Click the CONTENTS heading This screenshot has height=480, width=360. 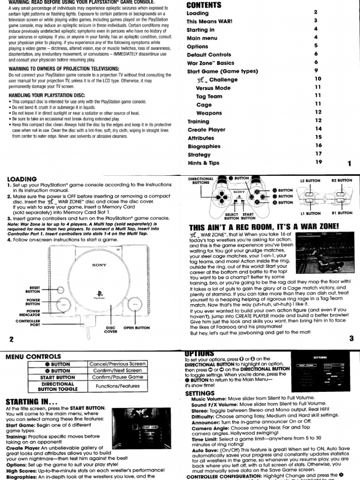pyautogui.click(x=203, y=5)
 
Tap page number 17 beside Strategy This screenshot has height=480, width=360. pyautogui.click(x=318, y=154)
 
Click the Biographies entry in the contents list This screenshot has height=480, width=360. pyautogui.click(x=203, y=146)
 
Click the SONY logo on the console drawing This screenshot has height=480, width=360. pyautogui.click(x=99, y=265)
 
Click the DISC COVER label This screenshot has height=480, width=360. pyautogui.click(x=111, y=330)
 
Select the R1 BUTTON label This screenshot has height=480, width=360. pyautogui.click(x=341, y=213)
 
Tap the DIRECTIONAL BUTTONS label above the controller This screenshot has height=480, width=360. pyautogui.click(x=201, y=181)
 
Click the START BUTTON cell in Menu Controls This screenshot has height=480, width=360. pyautogui.click(x=60, y=377)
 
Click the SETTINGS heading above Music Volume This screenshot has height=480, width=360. pyautogui.click(x=200, y=393)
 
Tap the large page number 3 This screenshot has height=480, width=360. pyautogui.click(x=351, y=339)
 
